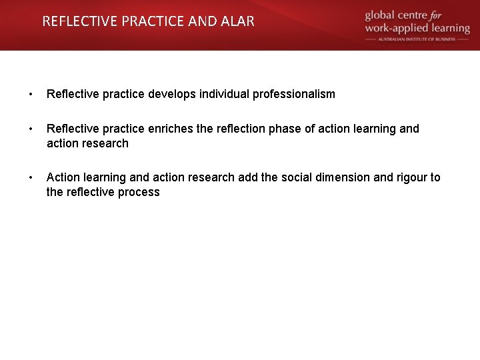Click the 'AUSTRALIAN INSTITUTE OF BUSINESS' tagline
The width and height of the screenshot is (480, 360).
(x=417, y=39)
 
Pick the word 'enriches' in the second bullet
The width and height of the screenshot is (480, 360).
(x=169, y=129)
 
